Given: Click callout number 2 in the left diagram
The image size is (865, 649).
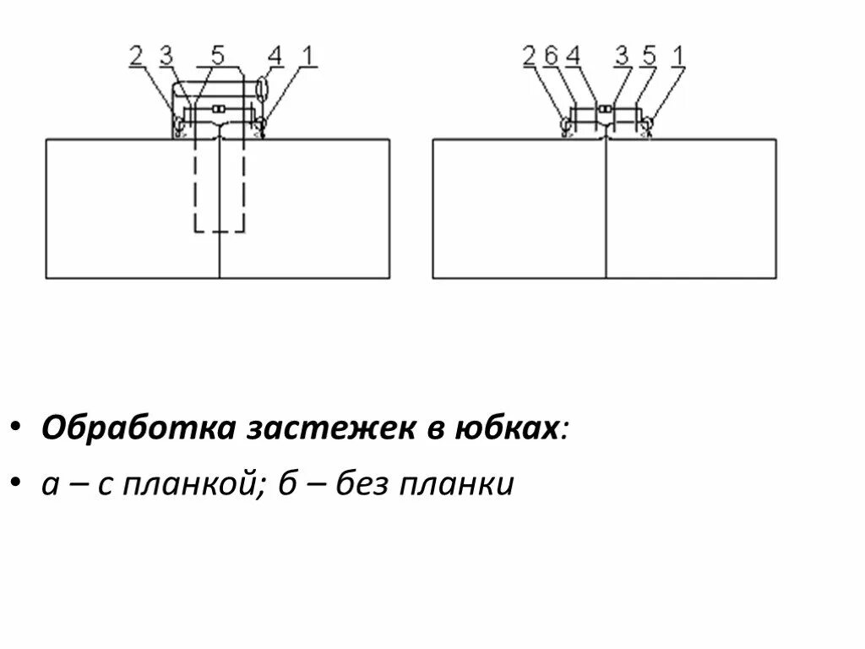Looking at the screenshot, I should tap(137, 57).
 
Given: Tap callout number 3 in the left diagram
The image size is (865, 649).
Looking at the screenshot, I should tap(166, 57).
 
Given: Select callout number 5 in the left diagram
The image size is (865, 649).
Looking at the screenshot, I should tap(218, 57).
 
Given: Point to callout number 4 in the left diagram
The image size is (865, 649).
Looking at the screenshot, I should tap(275, 57).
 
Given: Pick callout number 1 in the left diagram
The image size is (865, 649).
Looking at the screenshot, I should tap(308, 57).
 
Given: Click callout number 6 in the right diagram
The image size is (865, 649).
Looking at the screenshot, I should tap(551, 57).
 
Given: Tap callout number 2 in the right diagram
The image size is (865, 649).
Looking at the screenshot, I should tap(530, 57).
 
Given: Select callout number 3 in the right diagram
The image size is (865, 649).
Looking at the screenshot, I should tap(623, 57).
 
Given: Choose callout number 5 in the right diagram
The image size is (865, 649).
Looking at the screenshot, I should tap(649, 57).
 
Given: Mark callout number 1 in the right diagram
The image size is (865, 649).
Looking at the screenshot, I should tap(677, 57).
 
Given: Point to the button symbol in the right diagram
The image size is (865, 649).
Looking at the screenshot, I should tap(605, 109).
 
